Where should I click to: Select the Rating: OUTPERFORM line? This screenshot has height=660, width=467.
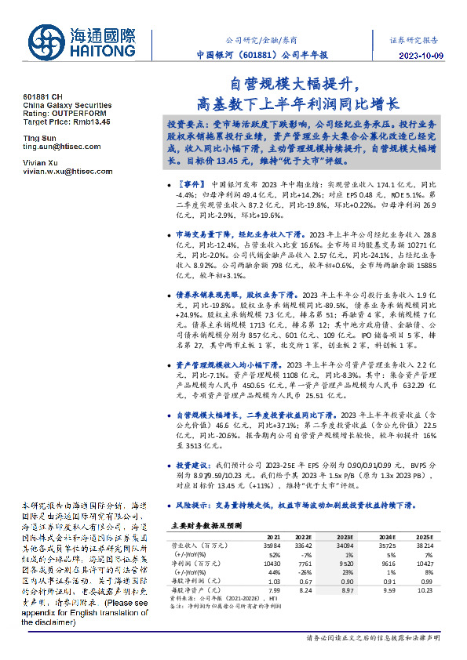(65, 114)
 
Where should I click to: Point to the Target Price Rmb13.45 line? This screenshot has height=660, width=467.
(67, 122)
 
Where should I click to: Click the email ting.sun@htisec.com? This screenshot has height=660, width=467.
(59, 147)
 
